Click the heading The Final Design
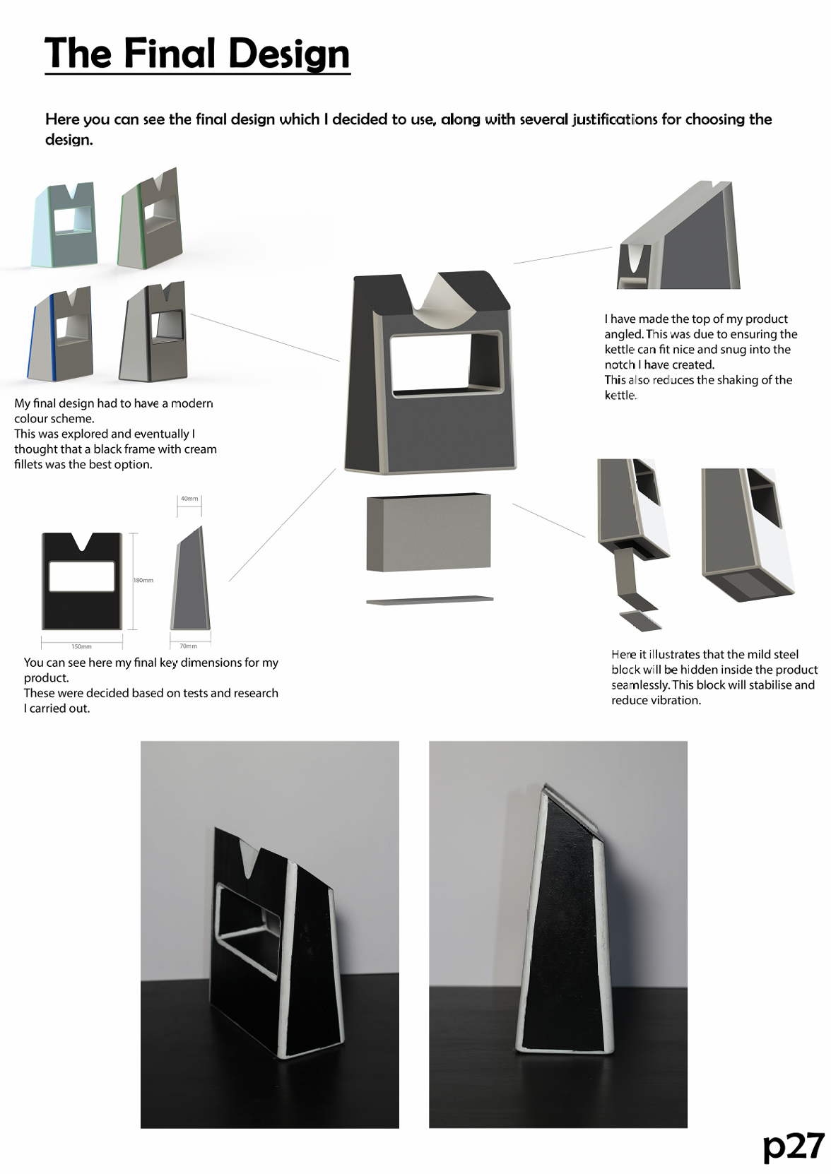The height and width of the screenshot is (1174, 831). (197, 54)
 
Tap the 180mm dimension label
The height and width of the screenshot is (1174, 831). (143, 580)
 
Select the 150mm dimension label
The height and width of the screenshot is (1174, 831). (81, 646)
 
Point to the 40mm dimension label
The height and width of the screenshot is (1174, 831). (189, 499)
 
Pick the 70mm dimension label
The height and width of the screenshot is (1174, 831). (189, 646)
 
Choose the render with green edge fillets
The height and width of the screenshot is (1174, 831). (148, 220)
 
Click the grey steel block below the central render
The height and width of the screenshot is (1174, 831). (428, 533)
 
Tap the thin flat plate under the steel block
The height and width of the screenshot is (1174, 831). (430, 600)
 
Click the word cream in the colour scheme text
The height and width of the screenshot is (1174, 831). (200, 449)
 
